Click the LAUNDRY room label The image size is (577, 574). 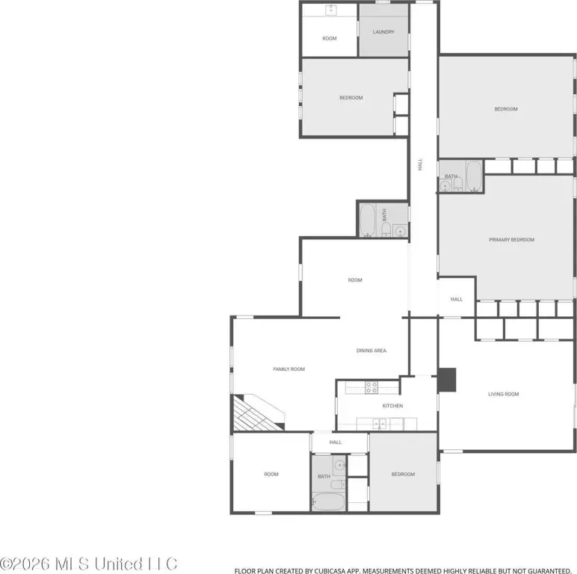(383, 32)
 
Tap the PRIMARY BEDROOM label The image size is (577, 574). (511, 239)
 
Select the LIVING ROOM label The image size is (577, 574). (504, 394)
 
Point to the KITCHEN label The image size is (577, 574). (392, 406)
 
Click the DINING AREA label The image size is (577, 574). (371, 351)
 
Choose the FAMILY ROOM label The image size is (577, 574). (288, 369)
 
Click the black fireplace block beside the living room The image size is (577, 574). (447, 380)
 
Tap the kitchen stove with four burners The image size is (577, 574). (371, 387)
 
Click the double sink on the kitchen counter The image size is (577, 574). (380, 425)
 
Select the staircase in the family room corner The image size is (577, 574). (258, 413)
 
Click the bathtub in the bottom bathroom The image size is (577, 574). (328, 502)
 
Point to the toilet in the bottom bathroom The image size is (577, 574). (337, 484)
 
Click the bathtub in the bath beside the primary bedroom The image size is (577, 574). (474, 176)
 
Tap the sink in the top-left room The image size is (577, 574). (331, 10)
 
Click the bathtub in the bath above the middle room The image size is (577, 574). (367, 220)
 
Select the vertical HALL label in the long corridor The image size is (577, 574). (420, 164)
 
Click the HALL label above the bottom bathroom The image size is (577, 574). (336, 442)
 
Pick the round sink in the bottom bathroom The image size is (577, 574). (339, 466)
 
